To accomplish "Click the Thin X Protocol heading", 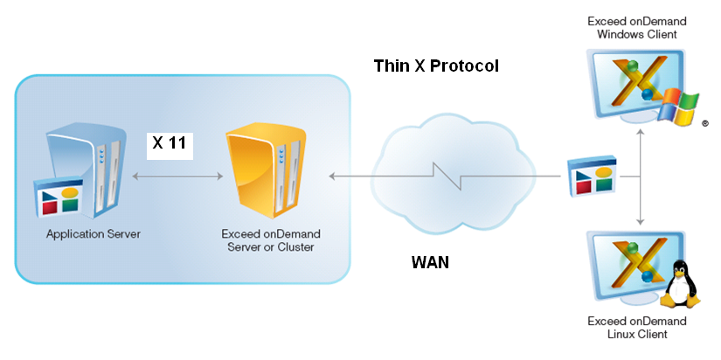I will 436,66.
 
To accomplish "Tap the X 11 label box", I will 169,144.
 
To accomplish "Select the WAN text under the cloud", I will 430,261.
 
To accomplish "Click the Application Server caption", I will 94,234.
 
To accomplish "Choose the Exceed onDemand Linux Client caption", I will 637,328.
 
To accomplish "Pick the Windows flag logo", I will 679,107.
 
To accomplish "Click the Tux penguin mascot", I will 680,285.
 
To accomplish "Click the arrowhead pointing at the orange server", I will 334,177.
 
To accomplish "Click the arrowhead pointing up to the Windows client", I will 641,133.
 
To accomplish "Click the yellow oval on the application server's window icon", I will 70,191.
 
